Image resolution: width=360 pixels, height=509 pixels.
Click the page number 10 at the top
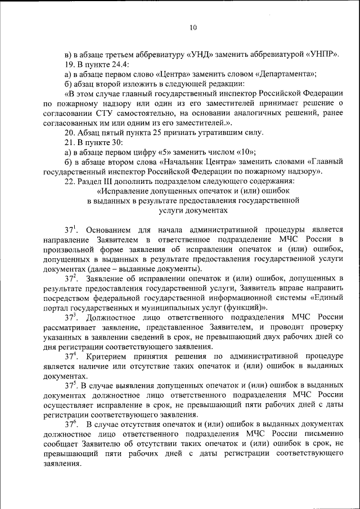click(193, 28)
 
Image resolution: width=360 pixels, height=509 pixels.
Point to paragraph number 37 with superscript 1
click(70, 229)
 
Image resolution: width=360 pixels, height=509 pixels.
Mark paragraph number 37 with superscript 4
click(70, 356)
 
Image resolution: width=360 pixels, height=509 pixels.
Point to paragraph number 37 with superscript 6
click(70, 424)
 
